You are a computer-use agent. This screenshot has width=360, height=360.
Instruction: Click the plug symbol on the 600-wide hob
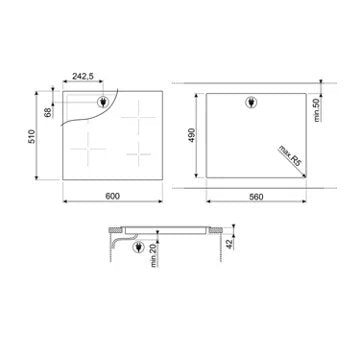point(104,100)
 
